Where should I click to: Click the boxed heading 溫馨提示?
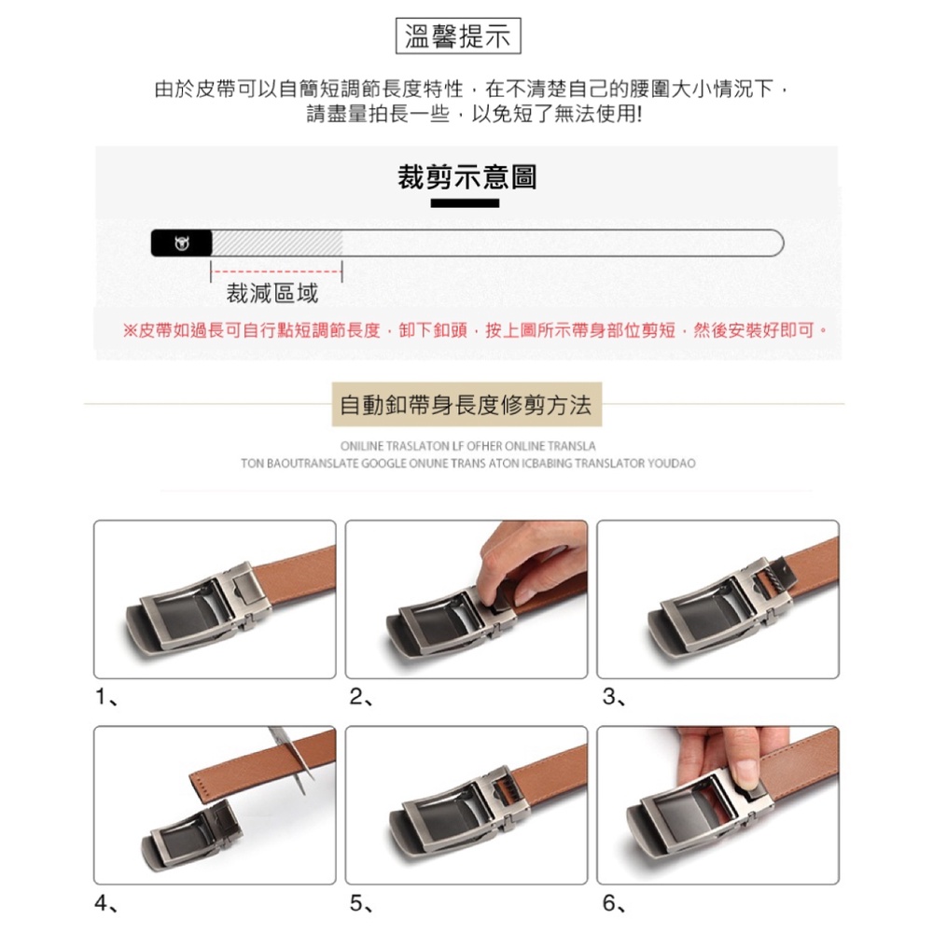point(457,36)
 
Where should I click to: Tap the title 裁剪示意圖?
point(466,176)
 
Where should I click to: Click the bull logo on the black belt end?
point(182,243)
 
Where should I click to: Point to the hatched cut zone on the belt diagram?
point(277,243)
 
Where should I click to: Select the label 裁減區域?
point(272,293)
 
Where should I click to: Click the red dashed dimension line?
point(277,272)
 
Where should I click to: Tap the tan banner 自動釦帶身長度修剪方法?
point(466,405)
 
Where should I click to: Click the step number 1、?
point(106,696)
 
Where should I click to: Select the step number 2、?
point(360,696)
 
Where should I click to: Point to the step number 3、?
point(614,696)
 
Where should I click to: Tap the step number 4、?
point(106,903)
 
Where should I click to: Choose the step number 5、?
point(360,903)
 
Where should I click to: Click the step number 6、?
point(614,903)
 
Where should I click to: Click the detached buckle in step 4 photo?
point(191,833)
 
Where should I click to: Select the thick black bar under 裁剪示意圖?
point(465,203)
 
